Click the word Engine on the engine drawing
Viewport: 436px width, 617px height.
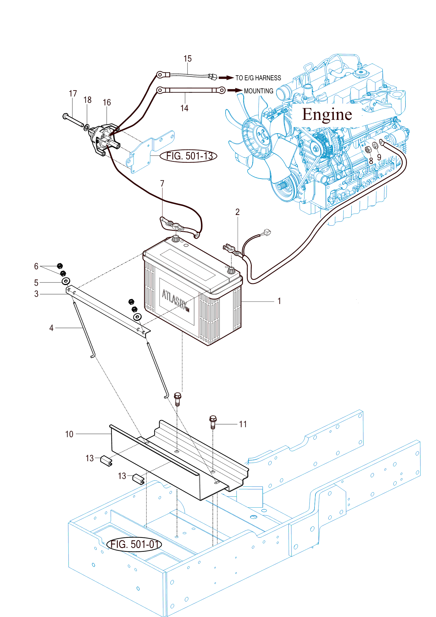[x=327, y=114]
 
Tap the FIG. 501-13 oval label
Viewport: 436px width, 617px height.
[x=189, y=156]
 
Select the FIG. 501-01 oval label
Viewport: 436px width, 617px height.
[x=134, y=544]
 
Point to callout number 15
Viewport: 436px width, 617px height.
[x=187, y=59]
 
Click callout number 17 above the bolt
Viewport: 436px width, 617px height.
[x=73, y=94]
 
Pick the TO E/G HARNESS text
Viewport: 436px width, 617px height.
[x=258, y=78]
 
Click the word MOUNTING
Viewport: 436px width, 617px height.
[x=258, y=91]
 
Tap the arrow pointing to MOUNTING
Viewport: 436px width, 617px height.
[x=235, y=90]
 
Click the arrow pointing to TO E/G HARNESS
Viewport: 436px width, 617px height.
[x=226, y=78]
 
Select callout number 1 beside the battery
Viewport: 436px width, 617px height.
[x=279, y=301]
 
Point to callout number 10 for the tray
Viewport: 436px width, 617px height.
[x=69, y=434]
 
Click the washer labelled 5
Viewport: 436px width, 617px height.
[x=66, y=281]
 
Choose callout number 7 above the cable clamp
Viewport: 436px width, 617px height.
[x=162, y=184]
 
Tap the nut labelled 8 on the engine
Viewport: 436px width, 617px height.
[x=368, y=150]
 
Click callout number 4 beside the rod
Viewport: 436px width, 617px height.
[x=51, y=328]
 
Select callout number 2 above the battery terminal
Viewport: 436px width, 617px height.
[x=237, y=212]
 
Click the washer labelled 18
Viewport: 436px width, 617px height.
[x=87, y=127]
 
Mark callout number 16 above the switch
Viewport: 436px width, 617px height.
[x=107, y=102]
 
